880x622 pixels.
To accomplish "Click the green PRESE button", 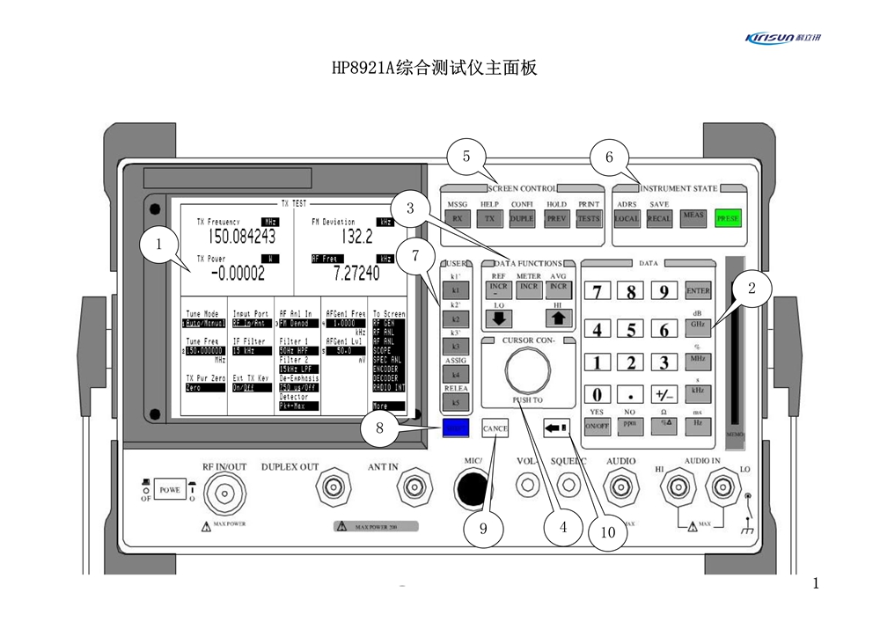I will (729, 218).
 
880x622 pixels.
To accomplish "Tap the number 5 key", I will (631, 330).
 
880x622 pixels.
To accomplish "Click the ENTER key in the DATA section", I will (698, 291).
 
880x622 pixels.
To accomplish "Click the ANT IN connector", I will (414, 486).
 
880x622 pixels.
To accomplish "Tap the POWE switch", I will (169, 489).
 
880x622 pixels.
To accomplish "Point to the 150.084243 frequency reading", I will (242, 237).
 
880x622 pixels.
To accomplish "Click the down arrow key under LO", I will (500, 318).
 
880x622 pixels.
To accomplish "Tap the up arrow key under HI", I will (559, 318).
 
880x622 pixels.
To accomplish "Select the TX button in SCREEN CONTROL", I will (489, 218).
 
